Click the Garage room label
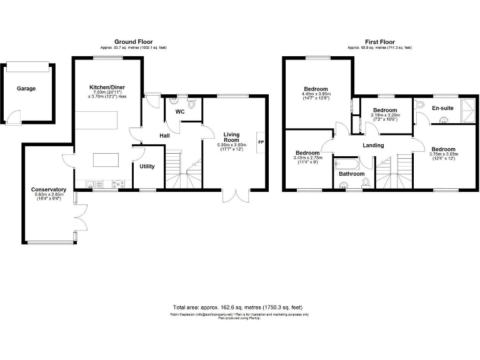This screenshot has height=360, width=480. (x=26, y=89)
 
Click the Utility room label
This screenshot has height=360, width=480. (x=147, y=166)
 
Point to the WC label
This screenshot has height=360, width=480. (x=179, y=112)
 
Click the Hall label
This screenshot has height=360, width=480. (x=164, y=135)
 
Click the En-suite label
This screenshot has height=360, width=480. (x=443, y=108)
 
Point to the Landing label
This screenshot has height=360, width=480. (x=373, y=146)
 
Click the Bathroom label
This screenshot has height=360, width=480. (x=352, y=174)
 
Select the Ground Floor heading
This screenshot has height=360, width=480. (x=133, y=42)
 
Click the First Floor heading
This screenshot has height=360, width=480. (x=379, y=42)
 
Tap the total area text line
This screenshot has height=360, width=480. (x=237, y=307)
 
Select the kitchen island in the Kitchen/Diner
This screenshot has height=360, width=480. (x=105, y=160)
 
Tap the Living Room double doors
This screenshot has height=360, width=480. (x=237, y=195)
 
